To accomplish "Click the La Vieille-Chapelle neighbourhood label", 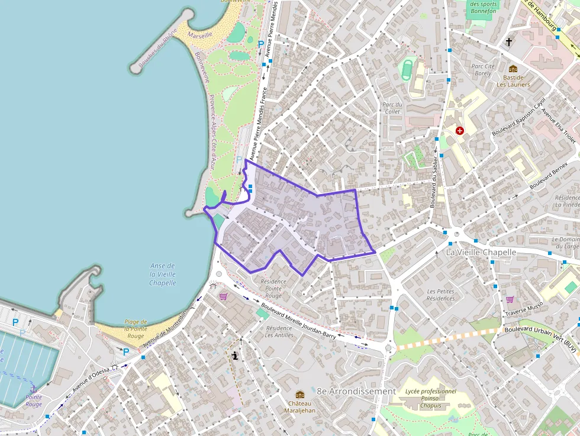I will (481, 252).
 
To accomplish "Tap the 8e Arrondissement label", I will (356, 391).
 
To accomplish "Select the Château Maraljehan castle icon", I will (300, 395).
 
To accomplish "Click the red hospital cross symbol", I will (459, 130).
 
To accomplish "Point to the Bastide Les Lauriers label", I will (513, 80).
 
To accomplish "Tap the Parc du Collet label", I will (392, 108).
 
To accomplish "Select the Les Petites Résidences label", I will (440, 295).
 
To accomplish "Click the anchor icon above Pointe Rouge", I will (34, 388).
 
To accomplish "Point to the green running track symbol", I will (407, 69).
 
